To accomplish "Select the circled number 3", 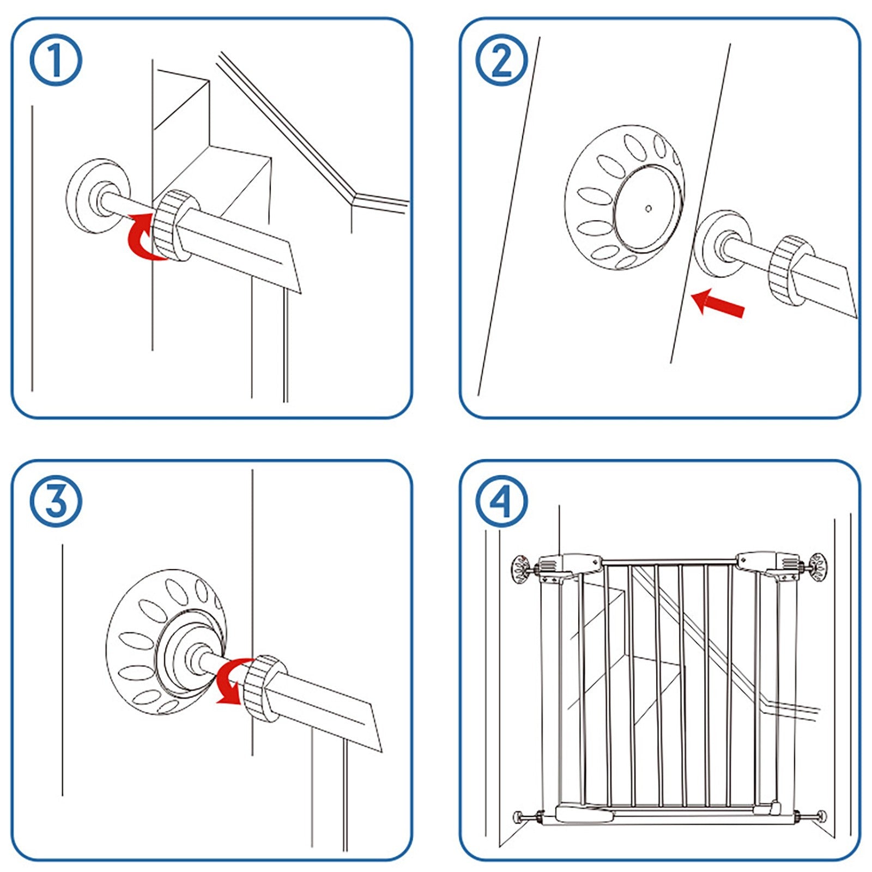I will pos(56,501).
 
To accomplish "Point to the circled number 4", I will pos(502,501).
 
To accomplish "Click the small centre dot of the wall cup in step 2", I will pos(648,208).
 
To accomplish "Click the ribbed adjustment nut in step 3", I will pos(264,688).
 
